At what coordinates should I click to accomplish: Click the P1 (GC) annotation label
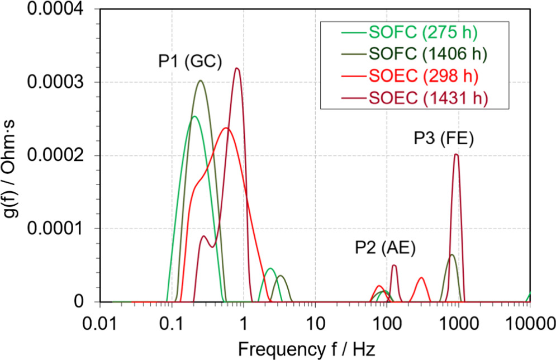click(x=189, y=61)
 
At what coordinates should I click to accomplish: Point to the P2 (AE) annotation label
click(x=386, y=249)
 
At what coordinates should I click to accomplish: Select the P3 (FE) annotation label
click(x=444, y=138)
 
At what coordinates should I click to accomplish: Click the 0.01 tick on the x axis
click(x=100, y=323)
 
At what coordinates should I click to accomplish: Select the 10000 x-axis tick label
click(x=529, y=323)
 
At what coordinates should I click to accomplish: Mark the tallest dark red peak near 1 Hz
click(x=237, y=68)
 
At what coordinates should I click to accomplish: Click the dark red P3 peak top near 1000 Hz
click(x=457, y=154)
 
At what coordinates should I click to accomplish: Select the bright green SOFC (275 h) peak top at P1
click(x=194, y=116)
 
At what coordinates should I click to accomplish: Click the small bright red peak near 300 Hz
click(x=421, y=278)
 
